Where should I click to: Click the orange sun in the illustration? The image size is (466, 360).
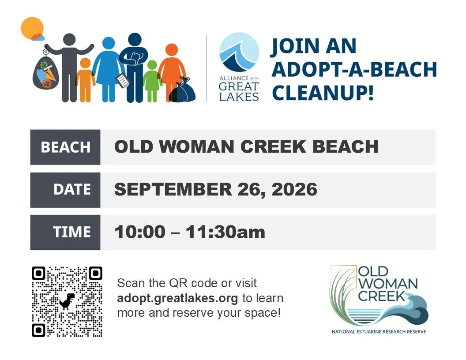pyautogui.click(x=32, y=28)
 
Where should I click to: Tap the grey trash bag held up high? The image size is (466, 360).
pyautogui.click(x=45, y=73)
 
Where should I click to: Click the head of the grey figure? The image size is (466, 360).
pyautogui.click(x=69, y=40)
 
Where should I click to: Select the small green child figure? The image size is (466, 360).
pyautogui.click(x=152, y=81)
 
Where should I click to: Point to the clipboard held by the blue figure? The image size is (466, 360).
pyautogui.click(x=122, y=80)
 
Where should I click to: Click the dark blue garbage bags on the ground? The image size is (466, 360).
pyautogui.click(x=182, y=90)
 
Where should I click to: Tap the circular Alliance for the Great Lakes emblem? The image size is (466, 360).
pyautogui.click(x=239, y=52)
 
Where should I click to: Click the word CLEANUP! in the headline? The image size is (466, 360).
pyautogui.click(x=323, y=93)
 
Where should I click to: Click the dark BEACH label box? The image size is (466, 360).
pyautogui.click(x=65, y=147)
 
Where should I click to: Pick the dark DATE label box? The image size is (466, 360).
pyautogui.click(x=65, y=190)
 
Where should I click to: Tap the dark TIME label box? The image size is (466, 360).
pyautogui.click(x=65, y=232)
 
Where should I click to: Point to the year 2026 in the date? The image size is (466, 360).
pyautogui.click(x=294, y=190)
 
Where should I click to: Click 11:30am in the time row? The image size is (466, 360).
pyautogui.click(x=225, y=232)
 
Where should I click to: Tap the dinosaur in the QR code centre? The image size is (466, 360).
pyautogui.click(x=67, y=301)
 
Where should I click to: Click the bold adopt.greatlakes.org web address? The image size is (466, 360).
pyautogui.click(x=177, y=298)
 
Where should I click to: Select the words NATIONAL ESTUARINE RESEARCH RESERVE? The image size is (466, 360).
pyautogui.click(x=379, y=331)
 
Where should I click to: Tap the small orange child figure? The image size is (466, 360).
pyautogui.click(x=86, y=80)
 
